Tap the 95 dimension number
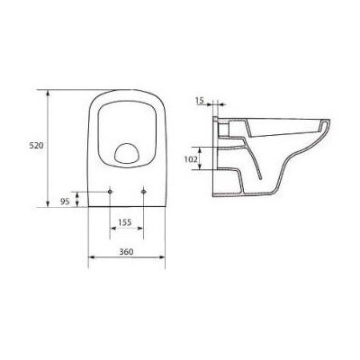66,202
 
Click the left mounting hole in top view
110,191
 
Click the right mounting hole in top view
144,191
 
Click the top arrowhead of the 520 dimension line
49,91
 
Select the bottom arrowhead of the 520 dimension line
49,208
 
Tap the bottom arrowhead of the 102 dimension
208,170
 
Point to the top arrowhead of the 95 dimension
81,192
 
